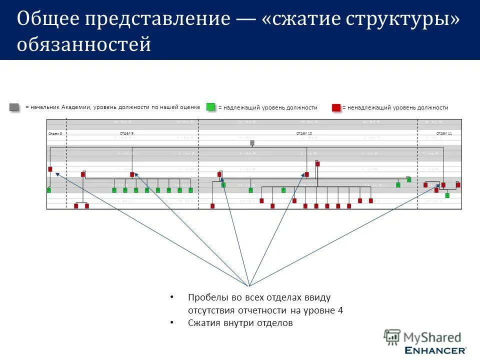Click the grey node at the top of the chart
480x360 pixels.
coord(252,142)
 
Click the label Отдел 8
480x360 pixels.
coord(55,134)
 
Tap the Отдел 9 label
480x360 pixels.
coord(127,132)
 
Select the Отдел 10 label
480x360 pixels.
coord(304,133)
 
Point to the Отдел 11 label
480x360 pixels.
coord(444,133)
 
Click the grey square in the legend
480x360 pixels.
coord(14,107)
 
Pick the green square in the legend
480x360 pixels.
coord(211,107)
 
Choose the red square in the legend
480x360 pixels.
coord(336,107)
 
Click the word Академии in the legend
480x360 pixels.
coord(78,107)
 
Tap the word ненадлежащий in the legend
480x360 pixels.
coord(364,107)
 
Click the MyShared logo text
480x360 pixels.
coord(432,337)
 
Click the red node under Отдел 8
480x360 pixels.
coord(50,169)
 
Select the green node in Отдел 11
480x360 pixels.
coord(447,195)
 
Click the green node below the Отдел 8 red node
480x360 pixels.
coord(48,190)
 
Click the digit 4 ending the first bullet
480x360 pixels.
coord(340,310)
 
